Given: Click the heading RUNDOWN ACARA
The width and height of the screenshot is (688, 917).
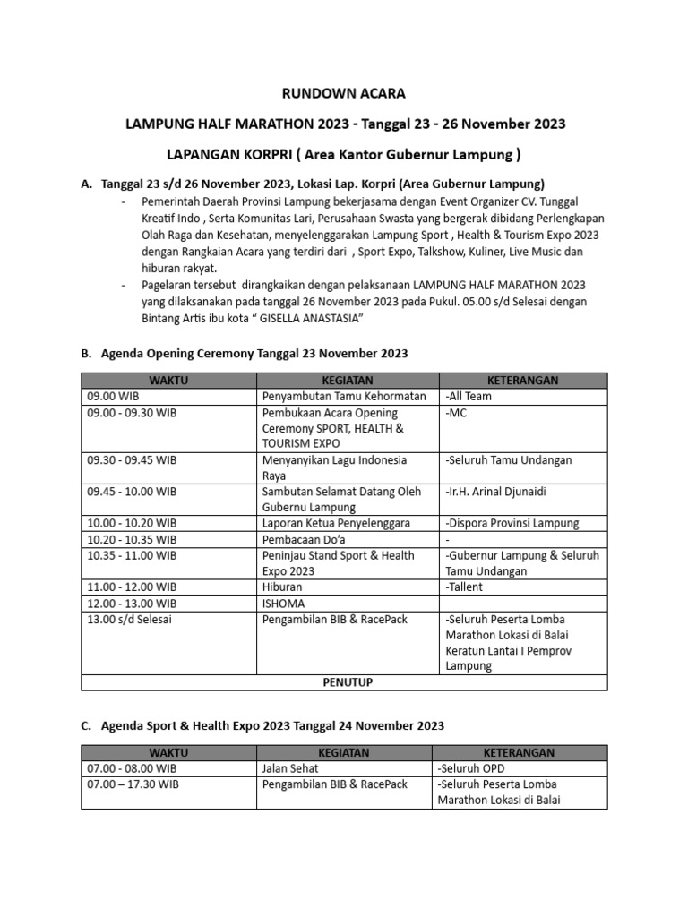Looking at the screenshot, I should (345, 93).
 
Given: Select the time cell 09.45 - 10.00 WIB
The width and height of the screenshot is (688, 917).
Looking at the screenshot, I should (132, 492).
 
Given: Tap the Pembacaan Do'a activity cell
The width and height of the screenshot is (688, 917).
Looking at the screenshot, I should (305, 539).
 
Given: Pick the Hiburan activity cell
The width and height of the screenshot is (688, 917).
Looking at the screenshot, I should (283, 587).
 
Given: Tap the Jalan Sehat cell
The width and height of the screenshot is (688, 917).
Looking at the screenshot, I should (291, 768).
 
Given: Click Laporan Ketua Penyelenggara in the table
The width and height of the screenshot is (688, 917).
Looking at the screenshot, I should (336, 523).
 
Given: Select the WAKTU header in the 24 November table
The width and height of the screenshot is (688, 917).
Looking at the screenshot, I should (169, 753).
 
